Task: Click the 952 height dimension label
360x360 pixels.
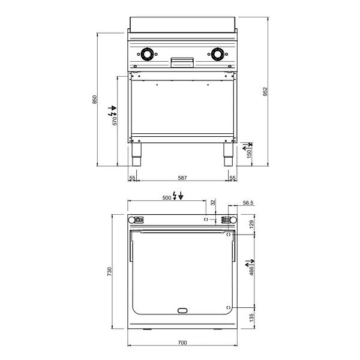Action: point(265,91)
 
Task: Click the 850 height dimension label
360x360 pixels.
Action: point(94,100)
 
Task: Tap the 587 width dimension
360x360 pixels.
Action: point(182,178)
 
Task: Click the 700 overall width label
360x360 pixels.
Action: point(182,343)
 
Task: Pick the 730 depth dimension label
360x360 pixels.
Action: point(110,272)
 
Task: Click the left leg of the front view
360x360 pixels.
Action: point(136,155)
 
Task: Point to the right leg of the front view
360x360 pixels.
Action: point(228,155)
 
